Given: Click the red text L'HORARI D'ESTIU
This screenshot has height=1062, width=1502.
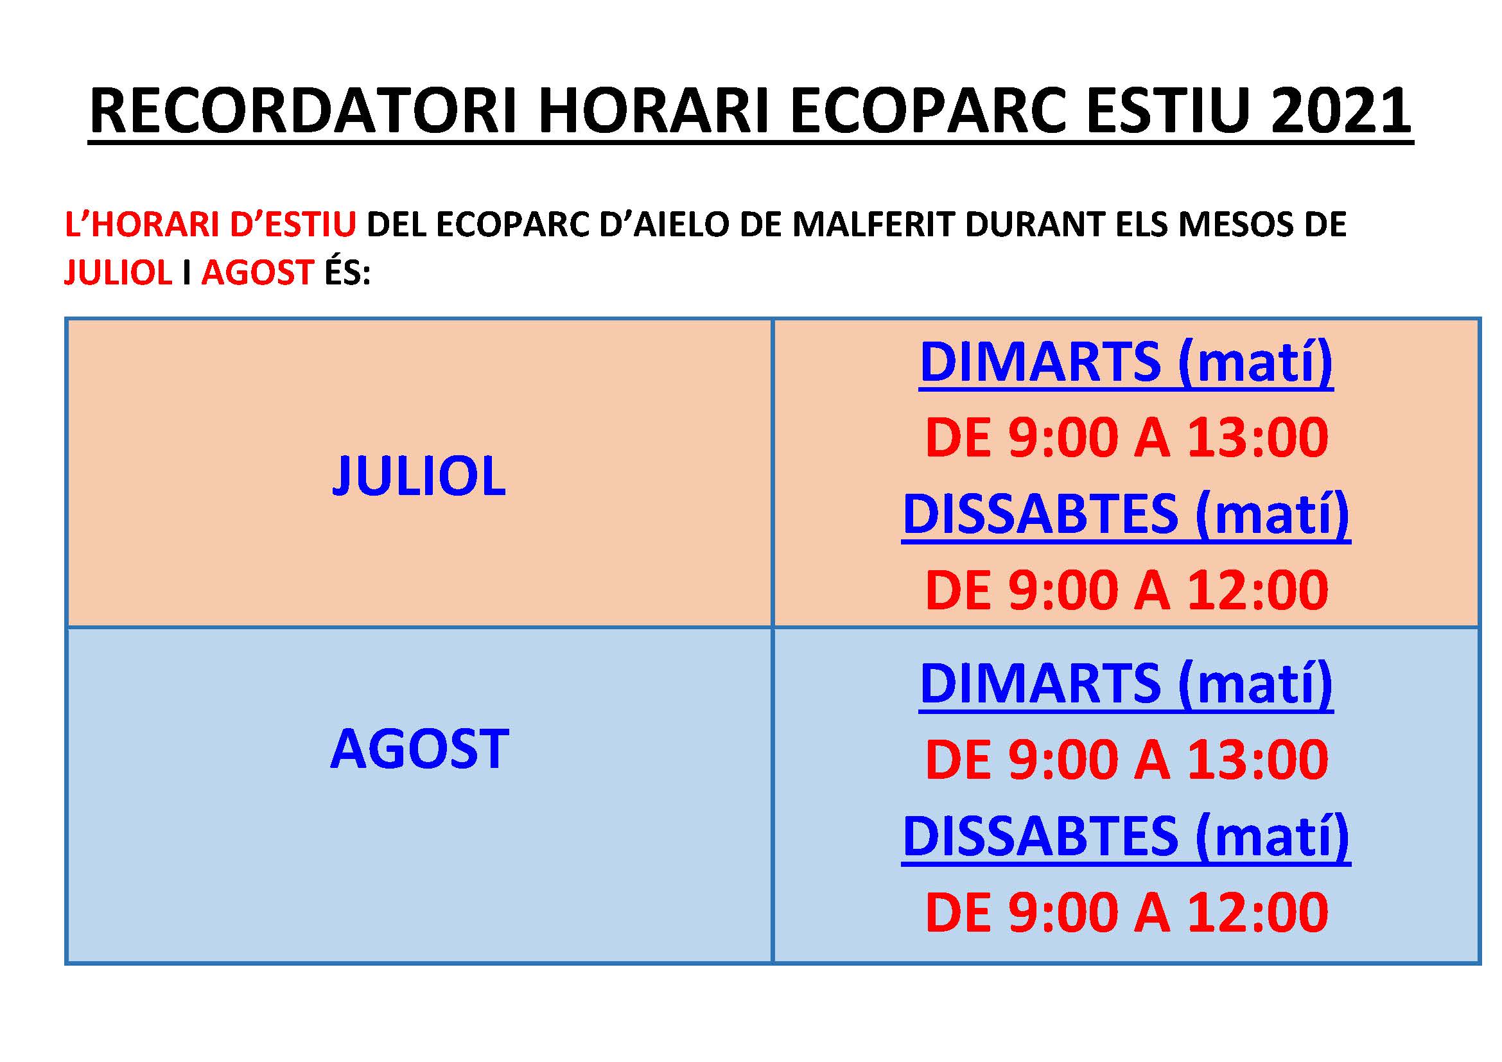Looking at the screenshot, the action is (211, 224).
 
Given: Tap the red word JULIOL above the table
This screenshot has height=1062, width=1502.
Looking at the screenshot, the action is (118, 272).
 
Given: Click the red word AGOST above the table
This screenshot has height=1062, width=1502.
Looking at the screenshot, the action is (258, 272).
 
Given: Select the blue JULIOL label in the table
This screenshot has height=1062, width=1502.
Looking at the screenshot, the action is (419, 475).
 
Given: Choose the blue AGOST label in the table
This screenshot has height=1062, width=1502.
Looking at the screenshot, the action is (419, 749).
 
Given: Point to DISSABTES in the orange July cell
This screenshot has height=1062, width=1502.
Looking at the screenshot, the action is (1040, 514).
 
